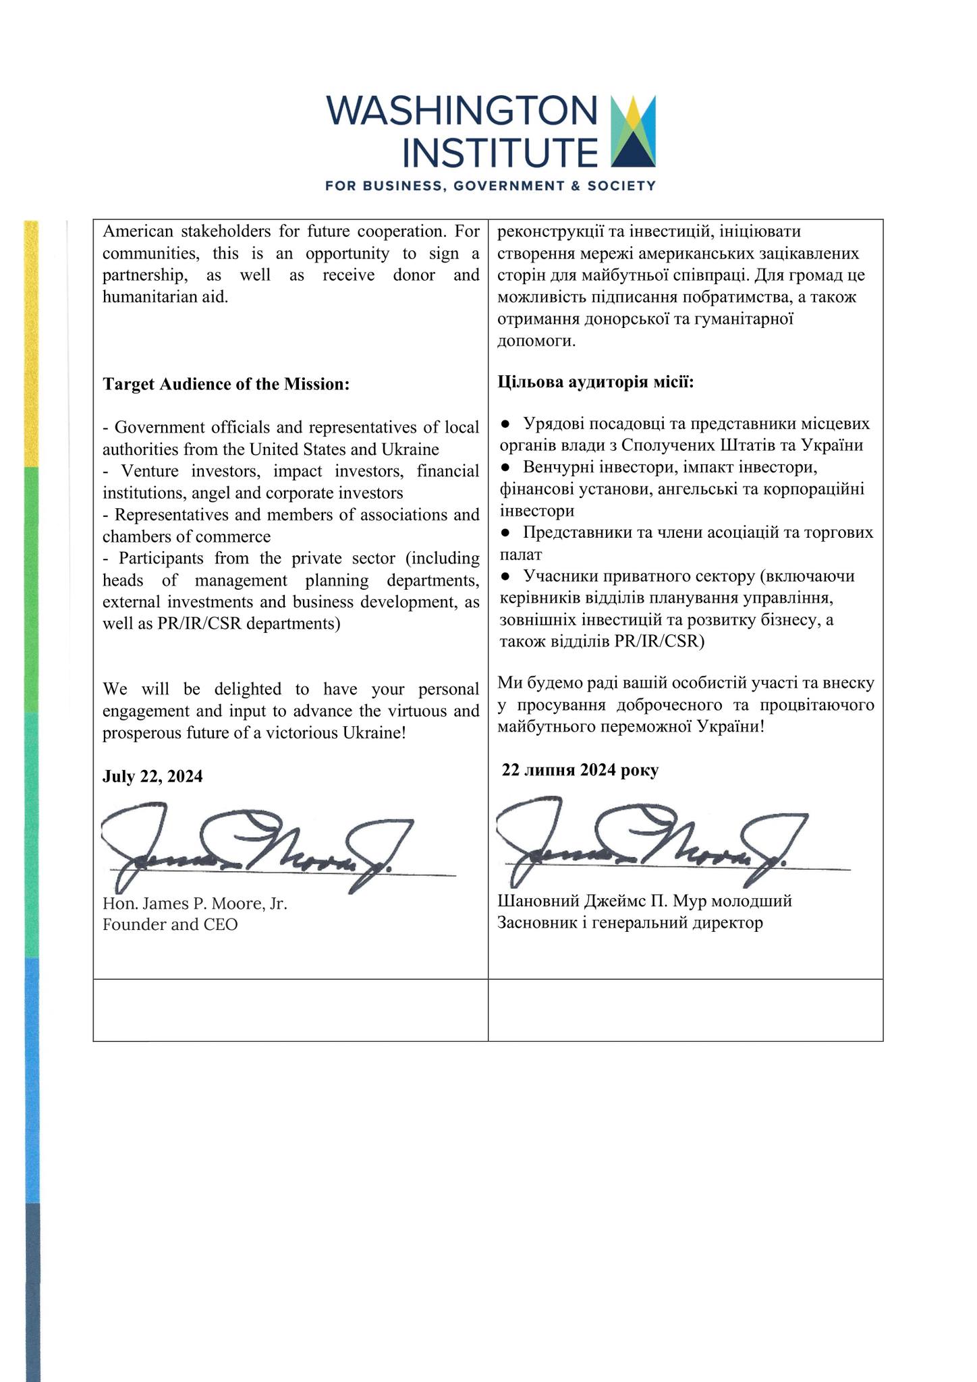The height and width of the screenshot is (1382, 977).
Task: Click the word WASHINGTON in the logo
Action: tap(462, 111)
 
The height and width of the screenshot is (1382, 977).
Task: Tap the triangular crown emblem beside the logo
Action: tap(632, 131)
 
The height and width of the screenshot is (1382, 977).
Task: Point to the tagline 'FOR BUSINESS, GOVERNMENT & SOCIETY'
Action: tap(491, 186)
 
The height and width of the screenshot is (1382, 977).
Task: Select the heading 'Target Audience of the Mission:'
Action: tap(226, 384)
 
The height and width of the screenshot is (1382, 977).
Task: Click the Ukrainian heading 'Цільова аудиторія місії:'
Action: tap(596, 383)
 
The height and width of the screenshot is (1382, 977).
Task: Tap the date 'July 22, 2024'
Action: tap(152, 776)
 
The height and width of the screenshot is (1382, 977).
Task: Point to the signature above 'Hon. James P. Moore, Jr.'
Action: tap(256, 847)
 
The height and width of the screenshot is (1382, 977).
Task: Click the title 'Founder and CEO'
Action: tap(170, 924)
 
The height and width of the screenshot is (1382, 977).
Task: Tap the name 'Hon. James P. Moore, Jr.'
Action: tap(195, 904)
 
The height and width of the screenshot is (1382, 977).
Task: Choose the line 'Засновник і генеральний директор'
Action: tap(630, 922)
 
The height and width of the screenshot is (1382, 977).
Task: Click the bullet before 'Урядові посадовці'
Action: tap(505, 424)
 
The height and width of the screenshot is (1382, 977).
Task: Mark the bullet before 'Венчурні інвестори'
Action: tap(505, 468)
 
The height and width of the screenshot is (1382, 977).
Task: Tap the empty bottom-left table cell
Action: tap(290, 1010)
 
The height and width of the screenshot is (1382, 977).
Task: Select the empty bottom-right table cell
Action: tap(685, 1010)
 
